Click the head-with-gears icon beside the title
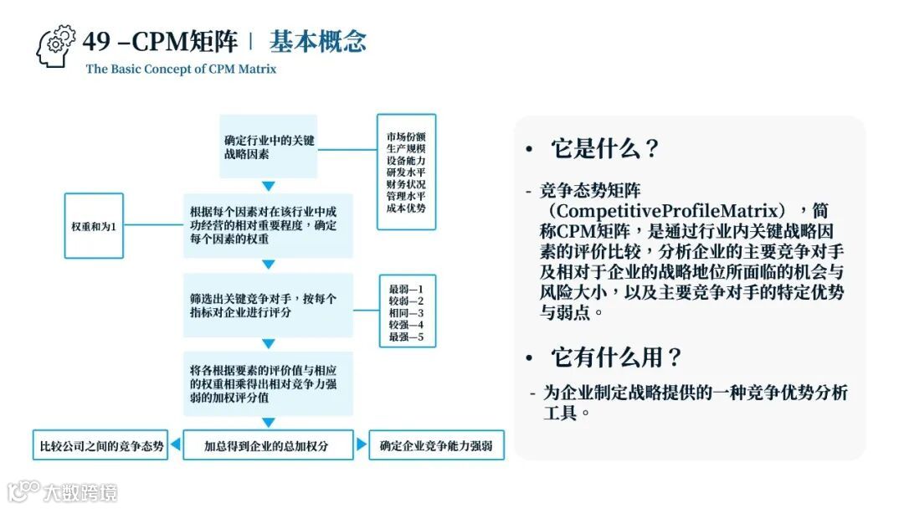(56, 47)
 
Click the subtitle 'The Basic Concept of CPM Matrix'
(181, 69)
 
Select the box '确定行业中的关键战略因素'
(269, 147)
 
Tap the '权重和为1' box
(94, 226)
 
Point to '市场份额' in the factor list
(406, 136)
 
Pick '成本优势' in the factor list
(406, 208)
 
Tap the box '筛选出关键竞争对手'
(268, 305)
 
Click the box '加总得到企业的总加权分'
(267, 446)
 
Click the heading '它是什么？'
(604, 149)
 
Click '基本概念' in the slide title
(318, 41)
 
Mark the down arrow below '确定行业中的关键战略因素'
(268, 186)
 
